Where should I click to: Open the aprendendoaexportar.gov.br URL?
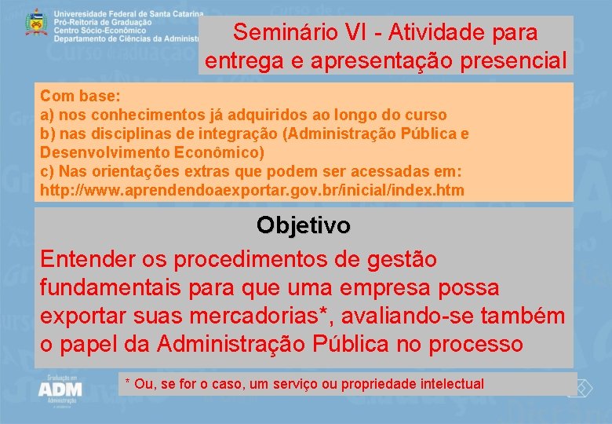(x=252, y=190)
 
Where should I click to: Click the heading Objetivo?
(x=304, y=225)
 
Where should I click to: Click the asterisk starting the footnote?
(x=128, y=382)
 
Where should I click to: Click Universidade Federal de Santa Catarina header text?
(x=129, y=14)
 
